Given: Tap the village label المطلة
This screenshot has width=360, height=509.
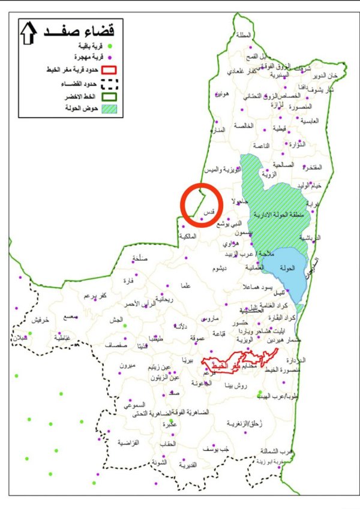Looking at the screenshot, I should [244, 35].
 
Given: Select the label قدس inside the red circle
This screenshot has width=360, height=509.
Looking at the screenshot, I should [209, 213].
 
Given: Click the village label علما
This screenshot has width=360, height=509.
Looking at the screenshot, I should [185, 287].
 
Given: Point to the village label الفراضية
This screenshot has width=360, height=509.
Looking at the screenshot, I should [128, 442].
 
